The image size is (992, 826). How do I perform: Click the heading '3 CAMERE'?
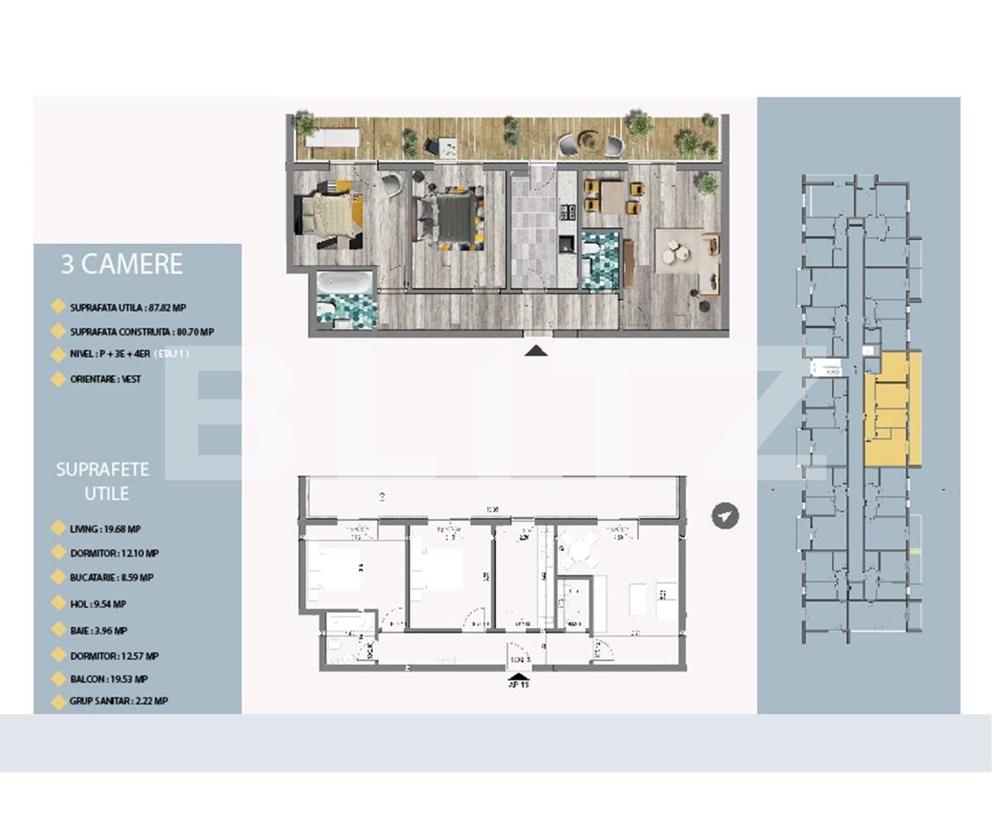click(122, 264)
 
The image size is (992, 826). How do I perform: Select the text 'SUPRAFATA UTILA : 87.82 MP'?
click(127, 307)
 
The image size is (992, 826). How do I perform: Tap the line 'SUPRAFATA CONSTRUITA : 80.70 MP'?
click(141, 332)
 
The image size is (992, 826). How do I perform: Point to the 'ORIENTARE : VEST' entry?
click(105, 379)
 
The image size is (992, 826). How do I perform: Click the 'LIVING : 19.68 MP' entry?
click(105, 529)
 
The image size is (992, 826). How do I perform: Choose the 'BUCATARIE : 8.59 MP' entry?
click(111, 578)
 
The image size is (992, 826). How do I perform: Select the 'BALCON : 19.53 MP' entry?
click(108, 679)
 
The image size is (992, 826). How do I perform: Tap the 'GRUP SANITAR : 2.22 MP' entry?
click(118, 701)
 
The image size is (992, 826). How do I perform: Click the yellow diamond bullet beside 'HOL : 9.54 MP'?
click(58, 604)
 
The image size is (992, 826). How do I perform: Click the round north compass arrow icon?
click(725, 516)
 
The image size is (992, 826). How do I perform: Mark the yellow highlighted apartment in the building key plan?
click(893, 409)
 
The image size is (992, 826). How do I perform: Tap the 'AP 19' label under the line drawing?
click(519, 684)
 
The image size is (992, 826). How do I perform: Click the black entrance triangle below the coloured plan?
click(537, 351)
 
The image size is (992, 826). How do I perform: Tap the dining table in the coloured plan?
click(613, 197)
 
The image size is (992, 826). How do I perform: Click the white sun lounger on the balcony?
click(331, 138)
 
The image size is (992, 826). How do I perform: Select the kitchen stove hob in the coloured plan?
click(566, 213)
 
